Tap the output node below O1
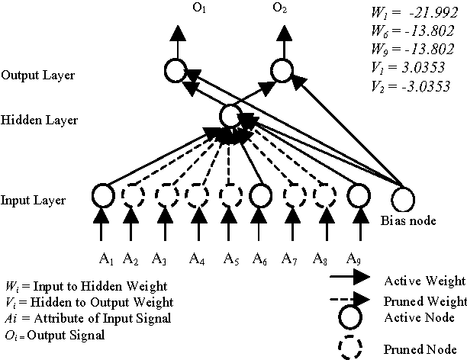(x=176, y=72)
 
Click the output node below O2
(x=281, y=72)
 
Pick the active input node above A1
(x=101, y=195)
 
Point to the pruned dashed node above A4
(x=198, y=195)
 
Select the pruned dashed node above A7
(x=294, y=195)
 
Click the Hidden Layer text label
(x=34, y=121)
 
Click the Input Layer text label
(x=32, y=201)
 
